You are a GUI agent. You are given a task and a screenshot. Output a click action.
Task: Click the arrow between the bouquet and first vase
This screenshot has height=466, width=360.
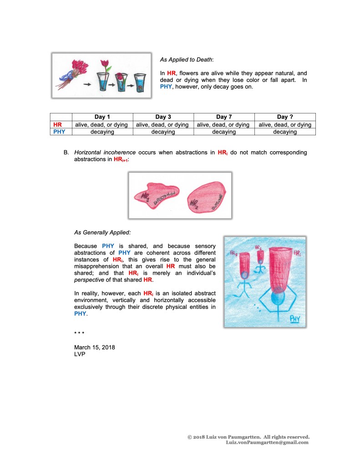click(86, 84)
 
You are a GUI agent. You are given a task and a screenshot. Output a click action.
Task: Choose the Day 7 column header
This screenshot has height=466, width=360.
click(224, 117)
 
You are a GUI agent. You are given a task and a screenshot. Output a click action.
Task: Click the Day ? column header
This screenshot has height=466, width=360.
click(285, 117)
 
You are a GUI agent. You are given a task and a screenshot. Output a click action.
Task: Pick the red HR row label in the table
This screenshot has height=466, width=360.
click(58, 124)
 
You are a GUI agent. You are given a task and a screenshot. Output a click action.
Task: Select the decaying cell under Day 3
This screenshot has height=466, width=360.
click(163, 132)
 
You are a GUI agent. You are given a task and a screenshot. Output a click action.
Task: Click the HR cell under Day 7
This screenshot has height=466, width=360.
click(224, 124)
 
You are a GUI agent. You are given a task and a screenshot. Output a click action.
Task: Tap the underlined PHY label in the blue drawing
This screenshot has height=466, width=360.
click(294, 318)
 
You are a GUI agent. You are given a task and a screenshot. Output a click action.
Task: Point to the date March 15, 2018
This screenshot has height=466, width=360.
click(94, 347)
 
